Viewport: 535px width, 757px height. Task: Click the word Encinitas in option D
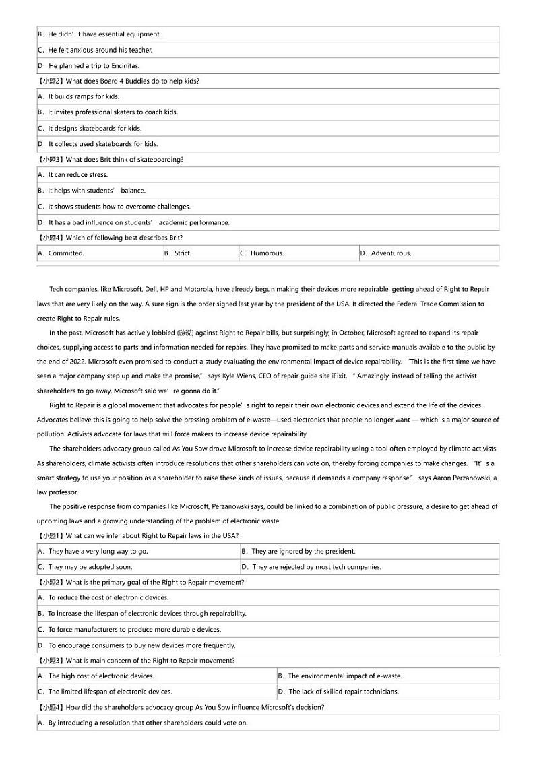click(124, 66)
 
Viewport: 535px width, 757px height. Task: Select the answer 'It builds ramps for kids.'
click(79, 96)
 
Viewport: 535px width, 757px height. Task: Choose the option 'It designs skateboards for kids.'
click(90, 128)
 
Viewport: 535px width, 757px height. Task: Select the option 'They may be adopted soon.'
click(86, 567)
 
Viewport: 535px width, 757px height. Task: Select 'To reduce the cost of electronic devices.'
click(103, 597)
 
